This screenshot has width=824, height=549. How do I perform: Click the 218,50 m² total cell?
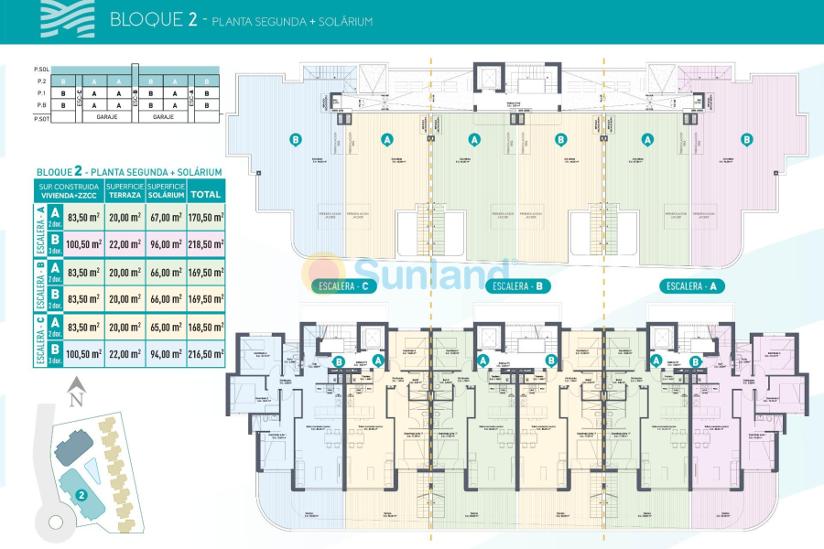(x=205, y=244)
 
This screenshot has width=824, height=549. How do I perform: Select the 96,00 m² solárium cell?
(x=167, y=244)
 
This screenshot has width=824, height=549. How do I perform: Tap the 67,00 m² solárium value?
(x=167, y=218)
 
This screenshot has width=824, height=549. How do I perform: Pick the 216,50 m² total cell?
(x=205, y=352)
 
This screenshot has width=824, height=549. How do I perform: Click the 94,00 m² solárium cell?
(x=167, y=352)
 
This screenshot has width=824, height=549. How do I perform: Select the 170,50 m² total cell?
(x=205, y=218)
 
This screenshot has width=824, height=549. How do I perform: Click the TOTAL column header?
(x=205, y=194)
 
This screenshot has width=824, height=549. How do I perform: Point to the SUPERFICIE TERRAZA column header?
(x=126, y=190)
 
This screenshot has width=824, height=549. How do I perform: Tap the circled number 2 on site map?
(x=81, y=495)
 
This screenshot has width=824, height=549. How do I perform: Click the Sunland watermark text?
(x=430, y=272)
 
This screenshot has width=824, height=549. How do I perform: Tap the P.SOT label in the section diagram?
(x=40, y=119)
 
